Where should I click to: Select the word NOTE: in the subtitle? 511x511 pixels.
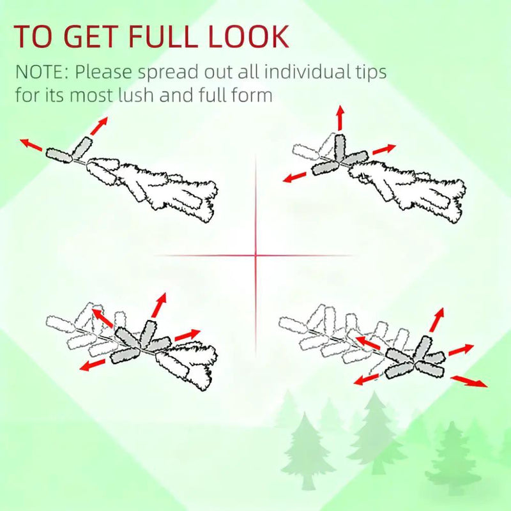coord(42,72)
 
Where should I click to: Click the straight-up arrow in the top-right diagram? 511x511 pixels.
coord(340,118)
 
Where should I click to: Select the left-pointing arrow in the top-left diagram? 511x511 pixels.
coord(31,145)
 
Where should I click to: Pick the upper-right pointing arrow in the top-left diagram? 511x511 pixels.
coord(99,126)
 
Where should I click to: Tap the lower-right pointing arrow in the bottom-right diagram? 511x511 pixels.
coord(469,381)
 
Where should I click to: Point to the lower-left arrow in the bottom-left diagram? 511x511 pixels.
coord(93,365)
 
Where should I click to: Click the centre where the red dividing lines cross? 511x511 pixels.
coord(256,256)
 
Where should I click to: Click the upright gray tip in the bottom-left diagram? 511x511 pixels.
coord(148,333)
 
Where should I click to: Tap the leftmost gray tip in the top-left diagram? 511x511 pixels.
coord(59,155)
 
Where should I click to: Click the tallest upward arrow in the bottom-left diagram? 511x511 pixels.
coord(159,305)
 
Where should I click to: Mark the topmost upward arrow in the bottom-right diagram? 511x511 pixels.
coord(437,320)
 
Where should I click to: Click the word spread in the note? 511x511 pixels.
coord(168,73)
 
